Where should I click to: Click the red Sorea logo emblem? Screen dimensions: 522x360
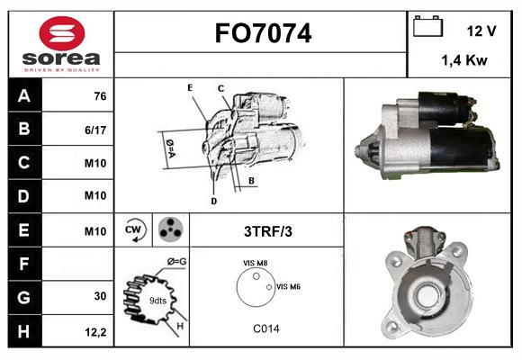[x=62, y=33]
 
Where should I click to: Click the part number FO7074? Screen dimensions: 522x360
[x=263, y=33]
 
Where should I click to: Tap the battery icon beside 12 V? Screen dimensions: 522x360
[x=427, y=26]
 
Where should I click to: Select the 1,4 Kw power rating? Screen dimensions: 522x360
[x=464, y=60]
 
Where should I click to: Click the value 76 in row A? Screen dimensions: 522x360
[x=100, y=96]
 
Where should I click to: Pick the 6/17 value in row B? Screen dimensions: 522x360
[x=95, y=130]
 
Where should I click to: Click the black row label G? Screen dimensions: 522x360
[x=24, y=297]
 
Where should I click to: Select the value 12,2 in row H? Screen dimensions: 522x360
[x=95, y=332]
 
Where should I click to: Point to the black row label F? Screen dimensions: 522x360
[x=24, y=264]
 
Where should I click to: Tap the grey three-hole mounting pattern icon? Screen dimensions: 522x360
[x=171, y=229]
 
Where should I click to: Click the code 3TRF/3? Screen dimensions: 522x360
[x=268, y=231]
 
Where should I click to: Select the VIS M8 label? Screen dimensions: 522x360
[x=255, y=263]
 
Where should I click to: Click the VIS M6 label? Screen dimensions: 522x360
[x=288, y=286]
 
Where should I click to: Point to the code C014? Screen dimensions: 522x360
[x=266, y=328]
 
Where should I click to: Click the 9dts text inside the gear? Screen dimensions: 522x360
[x=157, y=301]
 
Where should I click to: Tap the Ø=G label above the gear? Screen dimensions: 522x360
[x=177, y=262]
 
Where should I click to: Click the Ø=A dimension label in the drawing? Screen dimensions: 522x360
[x=170, y=148]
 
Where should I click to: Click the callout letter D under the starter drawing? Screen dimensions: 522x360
[x=213, y=201]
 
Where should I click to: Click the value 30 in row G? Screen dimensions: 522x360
[x=100, y=296]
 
